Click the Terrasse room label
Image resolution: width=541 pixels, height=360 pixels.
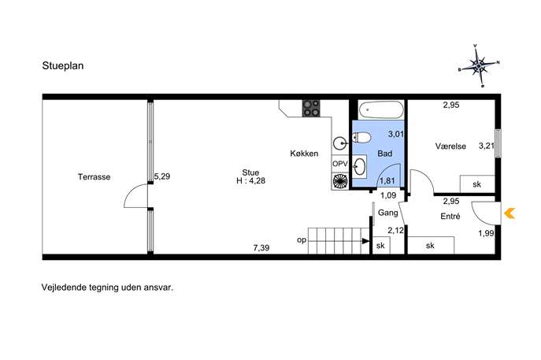point(94,177)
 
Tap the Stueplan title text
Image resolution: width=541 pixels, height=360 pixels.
point(63,66)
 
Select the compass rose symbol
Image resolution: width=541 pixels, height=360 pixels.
point(479,65)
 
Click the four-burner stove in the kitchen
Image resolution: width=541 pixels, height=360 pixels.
point(311,108)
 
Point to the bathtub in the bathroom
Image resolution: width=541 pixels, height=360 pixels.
point(381,109)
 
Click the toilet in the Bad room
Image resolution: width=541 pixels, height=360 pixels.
point(362,138)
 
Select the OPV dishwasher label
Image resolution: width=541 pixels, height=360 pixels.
point(340,165)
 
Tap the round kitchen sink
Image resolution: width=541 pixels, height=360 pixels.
point(340,143)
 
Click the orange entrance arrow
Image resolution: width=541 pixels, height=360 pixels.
point(510,213)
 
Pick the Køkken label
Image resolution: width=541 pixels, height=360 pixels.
point(304,154)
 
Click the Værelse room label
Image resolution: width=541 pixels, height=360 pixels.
point(450,147)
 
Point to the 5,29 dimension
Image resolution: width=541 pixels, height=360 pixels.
point(161,176)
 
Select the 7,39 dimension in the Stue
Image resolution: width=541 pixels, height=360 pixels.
point(261,248)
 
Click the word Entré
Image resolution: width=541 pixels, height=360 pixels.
point(450,217)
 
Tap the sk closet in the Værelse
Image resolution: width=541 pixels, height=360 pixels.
point(477,184)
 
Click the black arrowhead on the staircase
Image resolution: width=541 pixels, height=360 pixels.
point(365,241)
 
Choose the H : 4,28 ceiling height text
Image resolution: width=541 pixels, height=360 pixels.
point(251,180)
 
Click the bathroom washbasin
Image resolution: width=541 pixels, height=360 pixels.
point(360,166)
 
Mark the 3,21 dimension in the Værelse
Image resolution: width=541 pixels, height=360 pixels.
point(487,146)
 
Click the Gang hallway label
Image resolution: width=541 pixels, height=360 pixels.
point(387,213)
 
